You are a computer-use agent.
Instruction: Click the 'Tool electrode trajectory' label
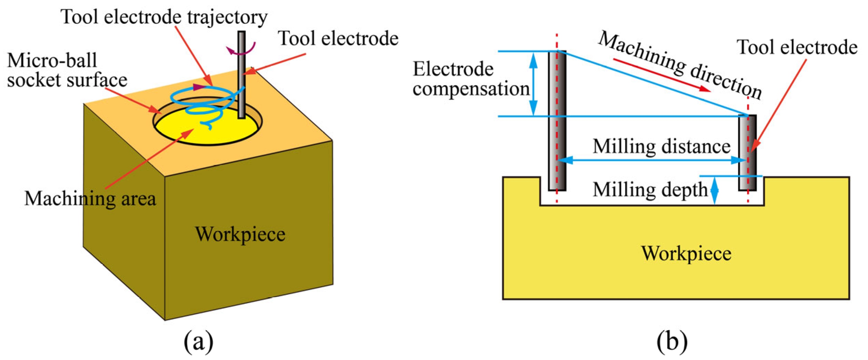(x=164, y=17)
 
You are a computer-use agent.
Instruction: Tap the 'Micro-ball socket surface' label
(x=67, y=70)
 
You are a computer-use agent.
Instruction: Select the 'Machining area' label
(x=90, y=199)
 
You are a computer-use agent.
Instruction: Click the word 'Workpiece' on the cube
(x=240, y=235)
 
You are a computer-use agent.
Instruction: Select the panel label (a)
(x=198, y=341)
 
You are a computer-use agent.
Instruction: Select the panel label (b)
(x=672, y=341)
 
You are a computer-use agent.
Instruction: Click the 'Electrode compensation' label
(x=471, y=79)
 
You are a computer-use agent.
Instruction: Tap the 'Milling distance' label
(x=661, y=146)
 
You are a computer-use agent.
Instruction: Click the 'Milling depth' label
(x=650, y=189)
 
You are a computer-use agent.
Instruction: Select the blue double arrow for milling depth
(x=714, y=191)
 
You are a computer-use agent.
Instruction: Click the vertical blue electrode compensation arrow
(x=533, y=84)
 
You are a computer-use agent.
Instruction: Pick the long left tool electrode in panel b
(x=557, y=121)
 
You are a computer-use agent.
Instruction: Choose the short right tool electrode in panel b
(x=747, y=153)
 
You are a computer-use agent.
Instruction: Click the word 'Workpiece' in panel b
(x=686, y=254)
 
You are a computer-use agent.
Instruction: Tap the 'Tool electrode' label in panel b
(x=797, y=48)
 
